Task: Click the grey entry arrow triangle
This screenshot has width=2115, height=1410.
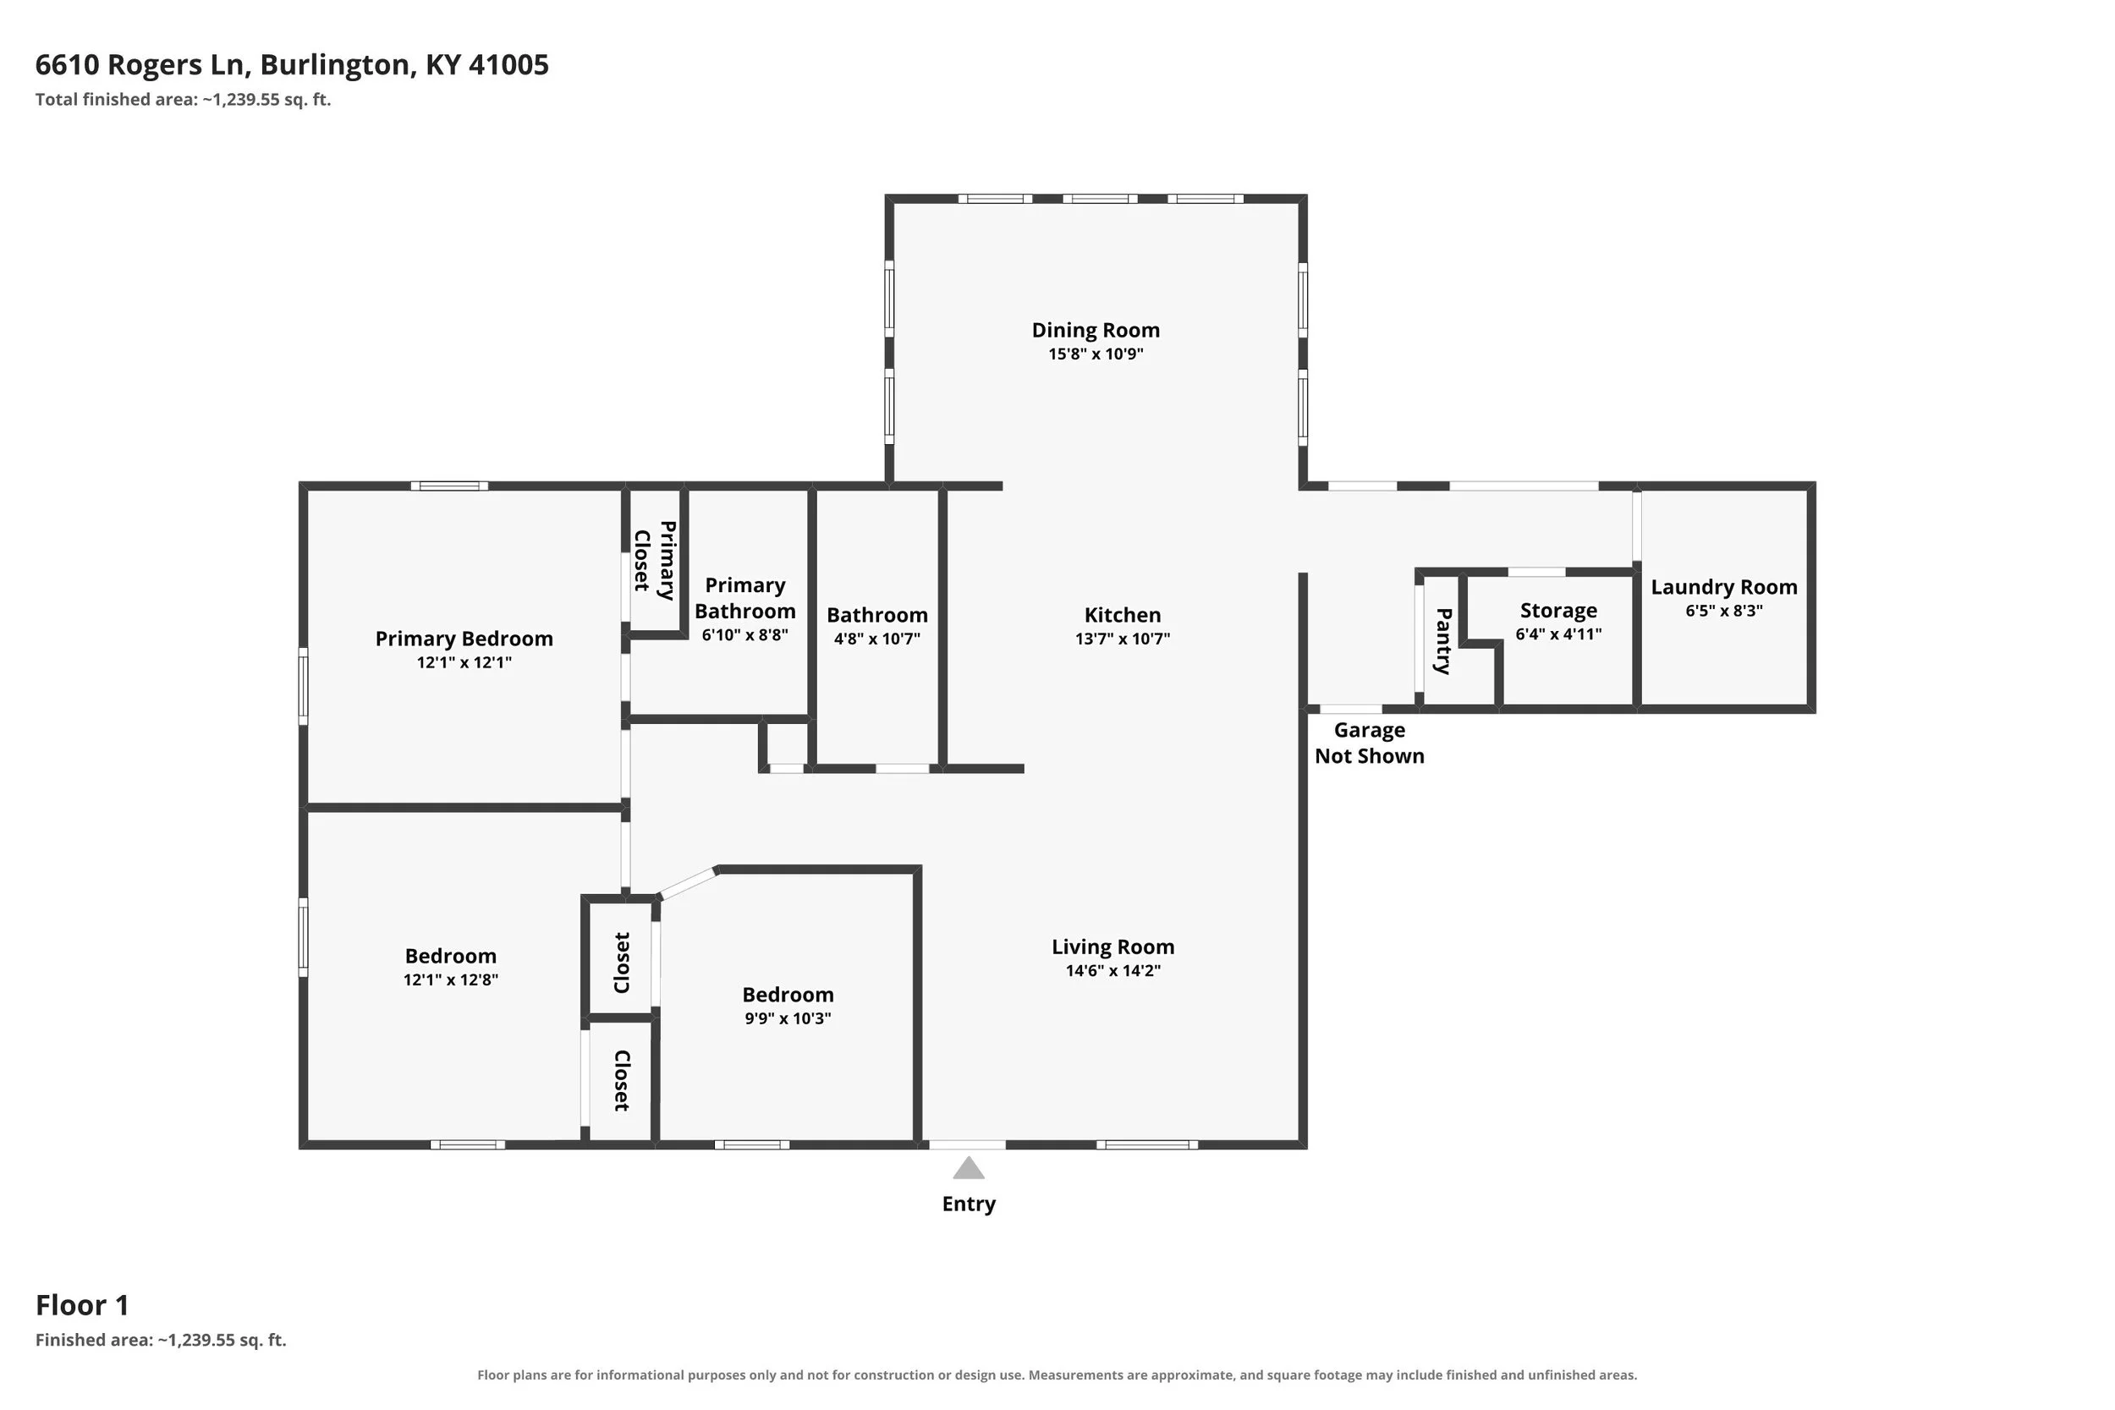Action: click(969, 1168)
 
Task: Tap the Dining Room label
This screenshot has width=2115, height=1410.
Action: click(1096, 330)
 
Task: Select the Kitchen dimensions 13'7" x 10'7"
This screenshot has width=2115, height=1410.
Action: click(1123, 639)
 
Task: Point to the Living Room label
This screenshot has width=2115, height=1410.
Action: click(1113, 946)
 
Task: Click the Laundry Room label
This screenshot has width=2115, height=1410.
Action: click(1724, 587)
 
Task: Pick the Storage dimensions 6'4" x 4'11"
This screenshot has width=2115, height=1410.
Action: click(1558, 634)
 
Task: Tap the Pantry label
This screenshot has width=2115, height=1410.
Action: click(1442, 641)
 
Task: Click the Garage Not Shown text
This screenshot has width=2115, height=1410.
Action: click(1370, 743)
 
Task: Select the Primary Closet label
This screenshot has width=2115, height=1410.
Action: click(655, 560)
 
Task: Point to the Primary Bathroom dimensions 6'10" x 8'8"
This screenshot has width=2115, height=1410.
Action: click(744, 635)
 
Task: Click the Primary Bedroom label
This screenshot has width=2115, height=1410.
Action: click(464, 639)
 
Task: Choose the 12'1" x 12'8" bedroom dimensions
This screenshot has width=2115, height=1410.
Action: click(451, 980)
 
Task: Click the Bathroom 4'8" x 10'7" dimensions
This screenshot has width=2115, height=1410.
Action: click(876, 639)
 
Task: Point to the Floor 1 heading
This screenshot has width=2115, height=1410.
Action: click(82, 1305)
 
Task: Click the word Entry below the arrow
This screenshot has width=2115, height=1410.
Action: click(969, 1204)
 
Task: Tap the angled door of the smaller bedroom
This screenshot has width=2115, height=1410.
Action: click(689, 882)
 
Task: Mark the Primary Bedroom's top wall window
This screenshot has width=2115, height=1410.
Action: click(449, 486)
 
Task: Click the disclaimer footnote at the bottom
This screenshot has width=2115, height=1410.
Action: click(1057, 1375)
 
